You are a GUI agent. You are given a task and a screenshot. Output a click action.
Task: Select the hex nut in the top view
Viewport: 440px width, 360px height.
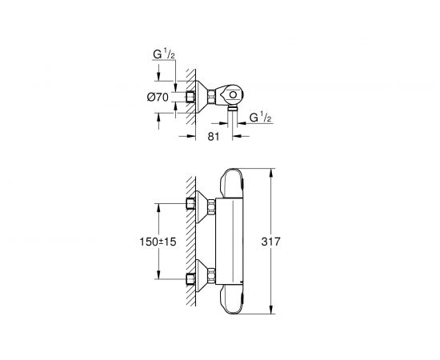coord(210,98)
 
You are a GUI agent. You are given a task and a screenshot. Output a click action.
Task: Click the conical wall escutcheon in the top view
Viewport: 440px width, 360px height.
coord(198,98)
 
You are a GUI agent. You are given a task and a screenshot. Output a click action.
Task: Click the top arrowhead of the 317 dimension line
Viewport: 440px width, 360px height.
coord(274,172)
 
